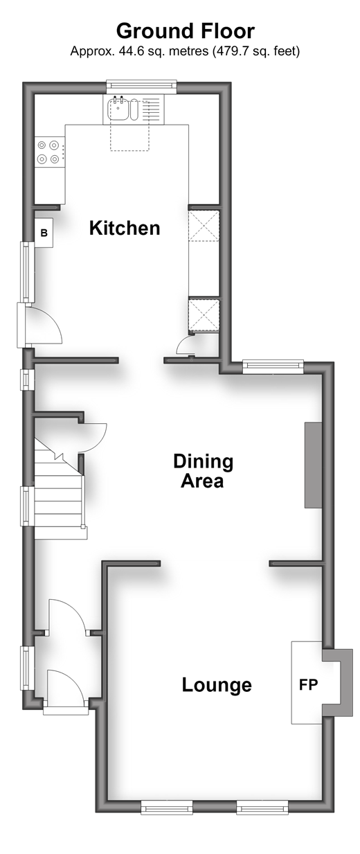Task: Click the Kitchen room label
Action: pyautogui.click(x=125, y=228)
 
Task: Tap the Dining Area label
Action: pyautogui.click(x=203, y=471)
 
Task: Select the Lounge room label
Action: pyautogui.click(x=217, y=685)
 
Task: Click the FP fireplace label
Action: pyautogui.click(x=308, y=685)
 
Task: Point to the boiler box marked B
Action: pyautogui.click(x=44, y=233)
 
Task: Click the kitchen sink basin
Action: pyautogui.click(x=119, y=109)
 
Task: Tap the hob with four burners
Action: pyautogui.click(x=48, y=152)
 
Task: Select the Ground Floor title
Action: pyautogui.click(x=186, y=31)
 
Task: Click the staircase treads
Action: pyautogui.click(x=60, y=496)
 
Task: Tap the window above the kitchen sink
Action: pyautogui.click(x=141, y=86)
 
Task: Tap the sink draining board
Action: pyautogui.click(x=152, y=110)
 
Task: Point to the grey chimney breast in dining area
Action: pyautogui.click(x=313, y=465)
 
